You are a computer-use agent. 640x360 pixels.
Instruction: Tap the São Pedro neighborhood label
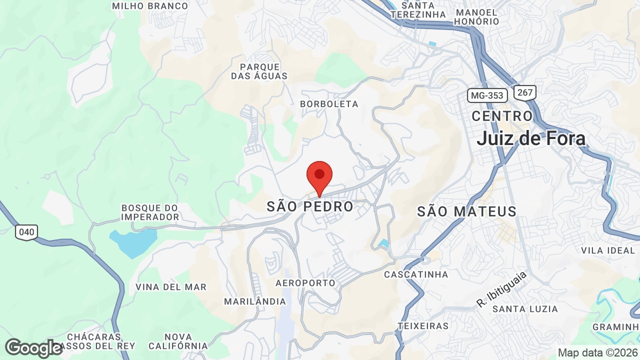(x=310, y=206)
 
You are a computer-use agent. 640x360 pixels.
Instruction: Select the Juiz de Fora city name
(x=531, y=138)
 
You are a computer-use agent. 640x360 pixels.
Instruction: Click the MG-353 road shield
(x=487, y=95)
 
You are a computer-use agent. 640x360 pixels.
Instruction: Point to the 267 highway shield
(x=525, y=92)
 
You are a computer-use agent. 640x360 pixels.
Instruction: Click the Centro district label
(x=502, y=116)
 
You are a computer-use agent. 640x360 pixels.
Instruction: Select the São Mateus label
(x=467, y=211)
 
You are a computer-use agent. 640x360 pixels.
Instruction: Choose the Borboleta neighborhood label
(x=329, y=104)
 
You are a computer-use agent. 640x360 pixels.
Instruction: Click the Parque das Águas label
(x=259, y=71)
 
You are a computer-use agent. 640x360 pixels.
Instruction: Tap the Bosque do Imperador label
(x=150, y=212)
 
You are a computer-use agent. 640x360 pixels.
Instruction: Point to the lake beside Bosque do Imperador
(x=133, y=242)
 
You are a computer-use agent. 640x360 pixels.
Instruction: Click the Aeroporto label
(x=305, y=283)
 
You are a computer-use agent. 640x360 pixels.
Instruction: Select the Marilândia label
(x=254, y=301)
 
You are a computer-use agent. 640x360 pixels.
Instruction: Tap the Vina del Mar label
(x=171, y=287)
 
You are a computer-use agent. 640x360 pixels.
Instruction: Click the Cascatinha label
(x=416, y=274)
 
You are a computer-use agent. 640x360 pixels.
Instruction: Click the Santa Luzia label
(x=525, y=309)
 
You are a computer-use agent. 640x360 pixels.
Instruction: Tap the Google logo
(x=33, y=348)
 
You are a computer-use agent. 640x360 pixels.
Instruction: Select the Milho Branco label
(x=150, y=6)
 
